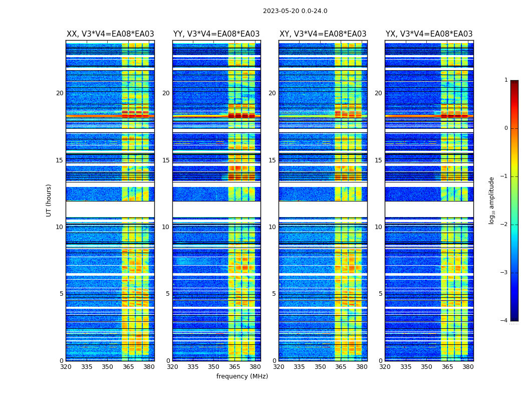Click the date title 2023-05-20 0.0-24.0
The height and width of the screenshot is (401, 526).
click(295, 11)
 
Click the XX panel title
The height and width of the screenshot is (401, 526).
click(110, 34)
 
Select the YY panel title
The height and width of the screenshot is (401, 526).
click(216, 34)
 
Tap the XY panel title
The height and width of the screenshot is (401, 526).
click(323, 34)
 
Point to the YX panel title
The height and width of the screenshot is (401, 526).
click(429, 34)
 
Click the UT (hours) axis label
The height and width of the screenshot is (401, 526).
click(49, 200)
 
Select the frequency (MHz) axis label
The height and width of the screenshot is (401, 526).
click(242, 376)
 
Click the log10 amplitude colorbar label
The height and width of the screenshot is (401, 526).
click(492, 200)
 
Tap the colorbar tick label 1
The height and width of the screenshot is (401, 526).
click(506, 80)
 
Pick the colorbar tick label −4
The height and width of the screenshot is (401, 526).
click(505, 321)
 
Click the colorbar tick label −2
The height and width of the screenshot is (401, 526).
click(505, 225)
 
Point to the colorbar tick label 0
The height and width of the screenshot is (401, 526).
click(506, 128)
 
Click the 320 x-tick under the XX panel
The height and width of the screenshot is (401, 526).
click(66, 367)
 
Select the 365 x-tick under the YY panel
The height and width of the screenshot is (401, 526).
click(234, 367)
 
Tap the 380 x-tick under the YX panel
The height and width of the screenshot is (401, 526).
click(468, 367)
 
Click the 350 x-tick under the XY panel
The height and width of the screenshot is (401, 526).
click(320, 367)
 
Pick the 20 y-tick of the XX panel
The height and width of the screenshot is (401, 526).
click(60, 93)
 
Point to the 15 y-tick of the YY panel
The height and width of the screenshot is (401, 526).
click(166, 160)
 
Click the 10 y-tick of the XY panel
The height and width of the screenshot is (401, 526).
click(272, 227)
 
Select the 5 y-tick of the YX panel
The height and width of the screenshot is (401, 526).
click(380, 294)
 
